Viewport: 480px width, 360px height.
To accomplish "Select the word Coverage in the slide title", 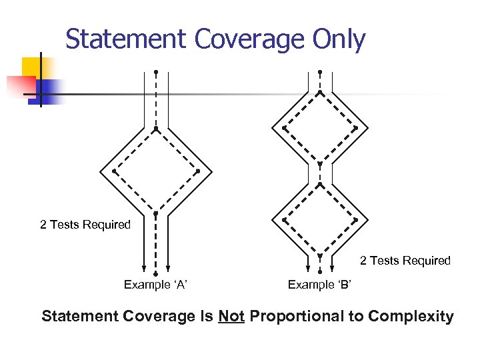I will (x=249, y=40).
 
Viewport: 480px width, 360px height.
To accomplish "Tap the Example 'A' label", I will (x=155, y=285).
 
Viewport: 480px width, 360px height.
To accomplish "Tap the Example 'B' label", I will (x=320, y=285).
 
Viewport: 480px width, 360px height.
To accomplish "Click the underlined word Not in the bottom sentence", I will (x=231, y=316).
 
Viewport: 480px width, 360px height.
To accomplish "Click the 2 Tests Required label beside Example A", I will (x=85, y=225).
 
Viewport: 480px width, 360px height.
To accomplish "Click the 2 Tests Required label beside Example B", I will (x=405, y=261).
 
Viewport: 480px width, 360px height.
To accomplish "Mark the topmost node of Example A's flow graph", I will (x=156, y=71).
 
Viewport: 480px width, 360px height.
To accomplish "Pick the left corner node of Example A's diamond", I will (x=114, y=171).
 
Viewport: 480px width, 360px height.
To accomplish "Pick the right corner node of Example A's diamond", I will (x=198, y=171).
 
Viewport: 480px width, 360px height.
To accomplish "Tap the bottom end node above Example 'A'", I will (x=156, y=273).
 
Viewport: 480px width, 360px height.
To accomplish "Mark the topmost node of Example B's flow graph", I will (x=320, y=71).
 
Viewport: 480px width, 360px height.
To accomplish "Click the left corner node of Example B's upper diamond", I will (x=284, y=127).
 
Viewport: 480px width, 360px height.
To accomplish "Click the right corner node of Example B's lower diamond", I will (x=355, y=219).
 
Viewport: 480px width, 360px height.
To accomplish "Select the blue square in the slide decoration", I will (x=48, y=90).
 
